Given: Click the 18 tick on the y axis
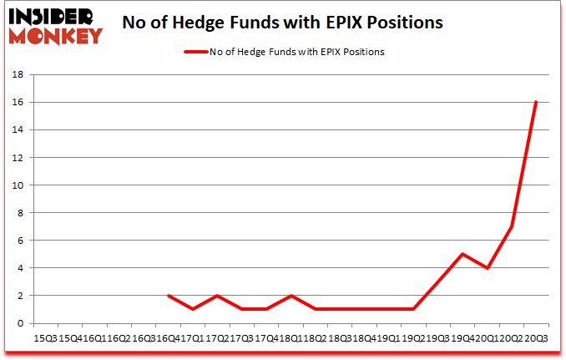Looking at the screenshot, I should coord(18,75).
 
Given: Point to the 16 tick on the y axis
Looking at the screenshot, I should coord(18,103).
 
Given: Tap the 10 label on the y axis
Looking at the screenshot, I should coord(18,185).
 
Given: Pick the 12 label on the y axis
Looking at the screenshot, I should coord(18,158).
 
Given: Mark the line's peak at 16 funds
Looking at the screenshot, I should coord(535,102).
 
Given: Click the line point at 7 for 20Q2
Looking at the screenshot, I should coord(511,226).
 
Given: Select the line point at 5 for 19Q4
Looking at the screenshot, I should coord(462,254).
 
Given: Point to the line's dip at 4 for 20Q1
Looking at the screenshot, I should coord(487,268).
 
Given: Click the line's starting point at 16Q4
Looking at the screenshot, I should coord(168,296).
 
